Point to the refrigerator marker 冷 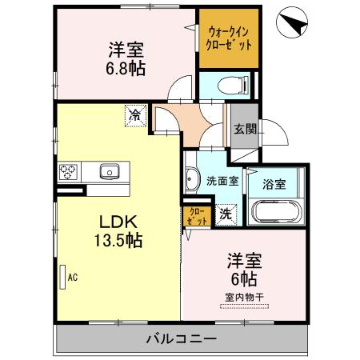[x=136, y=116]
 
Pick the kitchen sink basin [x=109, y=170]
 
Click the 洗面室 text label [x=222, y=182]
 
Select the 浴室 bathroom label [x=276, y=184]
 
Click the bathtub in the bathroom [x=276, y=212]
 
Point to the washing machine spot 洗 [x=226, y=214]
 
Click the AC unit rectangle [x=62, y=278]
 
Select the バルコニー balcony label [x=181, y=339]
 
